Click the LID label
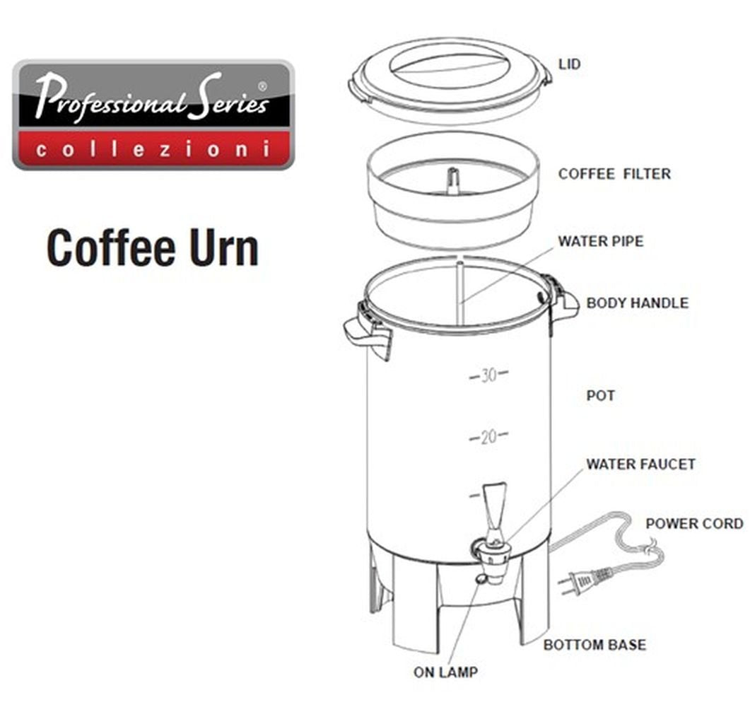pyautogui.click(x=569, y=64)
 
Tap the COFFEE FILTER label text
pyautogui.click(x=614, y=174)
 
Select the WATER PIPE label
pyautogui.click(x=601, y=241)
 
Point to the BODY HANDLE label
pyautogui.click(x=637, y=303)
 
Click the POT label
pyautogui.click(x=600, y=395)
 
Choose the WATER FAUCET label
pyautogui.click(x=640, y=464)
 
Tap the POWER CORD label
pyautogui.click(x=694, y=524)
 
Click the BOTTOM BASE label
pyautogui.click(x=594, y=645)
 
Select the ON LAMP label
pyautogui.click(x=445, y=672)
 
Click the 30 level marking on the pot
pyautogui.click(x=489, y=375)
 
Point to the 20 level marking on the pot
pyautogui.click(x=488, y=438)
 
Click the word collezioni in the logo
pyautogui.click(x=153, y=150)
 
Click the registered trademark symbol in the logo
pyautogui.click(x=263, y=86)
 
